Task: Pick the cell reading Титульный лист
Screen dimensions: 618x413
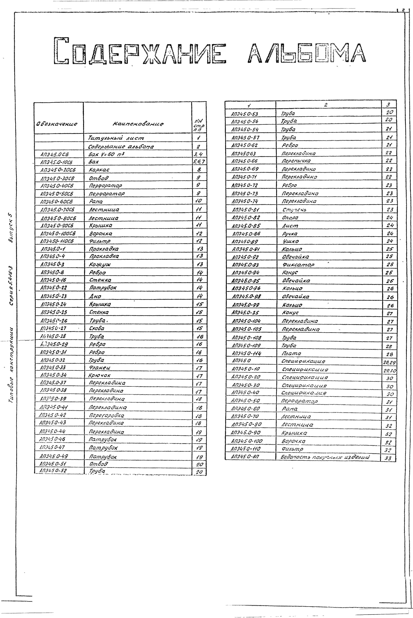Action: pos(116,138)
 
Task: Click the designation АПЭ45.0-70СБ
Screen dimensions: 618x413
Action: pos(57,210)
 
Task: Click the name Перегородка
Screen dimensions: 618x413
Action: pos(106,415)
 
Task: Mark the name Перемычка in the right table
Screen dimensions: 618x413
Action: pos(296,161)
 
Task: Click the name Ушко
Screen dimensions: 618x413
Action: pos(291,241)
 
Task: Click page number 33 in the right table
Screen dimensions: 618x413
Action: pos(388,458)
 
